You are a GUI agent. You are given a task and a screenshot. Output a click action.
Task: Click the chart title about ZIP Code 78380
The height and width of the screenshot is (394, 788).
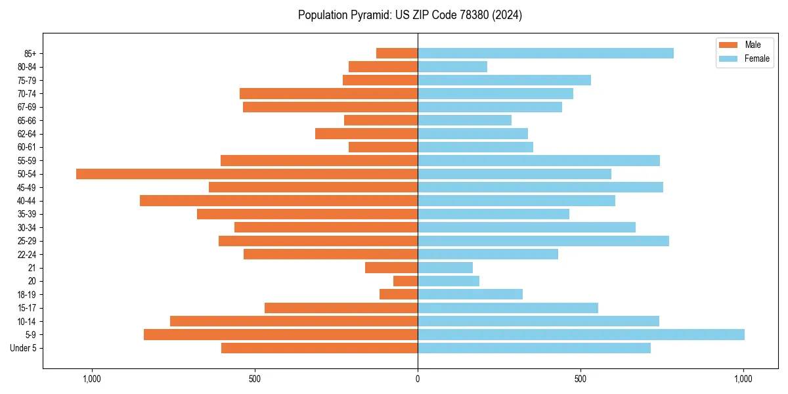click(x=410, y=15)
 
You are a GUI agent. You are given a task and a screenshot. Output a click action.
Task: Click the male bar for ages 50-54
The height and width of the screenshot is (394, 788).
click(x=247, y=174)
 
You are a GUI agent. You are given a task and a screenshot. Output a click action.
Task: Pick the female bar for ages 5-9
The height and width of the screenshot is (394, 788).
click(x=581, y=335)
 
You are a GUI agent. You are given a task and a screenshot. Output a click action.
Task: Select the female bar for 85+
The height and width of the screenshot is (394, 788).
click(x=546, y=53)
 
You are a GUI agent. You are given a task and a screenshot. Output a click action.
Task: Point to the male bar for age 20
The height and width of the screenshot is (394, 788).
click(x=405, y=281)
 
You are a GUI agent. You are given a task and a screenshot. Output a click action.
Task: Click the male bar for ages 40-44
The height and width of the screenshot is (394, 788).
click(x=278, y=201)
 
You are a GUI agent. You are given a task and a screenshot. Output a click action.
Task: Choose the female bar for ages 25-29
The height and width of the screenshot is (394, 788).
click(x=543, y=241)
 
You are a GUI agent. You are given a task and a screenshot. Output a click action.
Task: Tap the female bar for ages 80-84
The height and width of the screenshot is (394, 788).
click(x=452, y=67)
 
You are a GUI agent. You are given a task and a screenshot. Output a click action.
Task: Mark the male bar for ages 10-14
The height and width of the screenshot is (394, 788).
click(x=294, y=321)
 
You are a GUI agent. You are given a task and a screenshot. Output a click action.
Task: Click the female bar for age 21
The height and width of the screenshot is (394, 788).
click(x=445, y=268)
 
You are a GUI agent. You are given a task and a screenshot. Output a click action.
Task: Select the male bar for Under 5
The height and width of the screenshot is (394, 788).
click(x=319, y=348)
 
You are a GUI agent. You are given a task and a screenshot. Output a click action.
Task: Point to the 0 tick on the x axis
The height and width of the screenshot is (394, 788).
click(x=418, y=379)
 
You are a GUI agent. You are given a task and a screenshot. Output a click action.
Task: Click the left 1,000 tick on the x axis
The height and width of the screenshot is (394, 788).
click(x=91, y=379)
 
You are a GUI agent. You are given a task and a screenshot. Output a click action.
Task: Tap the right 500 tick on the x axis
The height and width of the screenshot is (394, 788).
click(x=580, y=379)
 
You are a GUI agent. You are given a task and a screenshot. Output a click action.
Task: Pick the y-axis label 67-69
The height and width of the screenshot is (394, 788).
click(x=27, y=107)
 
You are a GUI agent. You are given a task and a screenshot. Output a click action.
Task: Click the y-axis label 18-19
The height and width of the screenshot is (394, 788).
click(x=27, y=295)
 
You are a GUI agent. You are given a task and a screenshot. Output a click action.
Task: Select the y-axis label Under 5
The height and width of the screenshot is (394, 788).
click(x=23, y=348)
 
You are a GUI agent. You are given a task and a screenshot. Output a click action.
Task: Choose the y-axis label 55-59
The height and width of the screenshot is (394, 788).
click(x=27, y=161)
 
